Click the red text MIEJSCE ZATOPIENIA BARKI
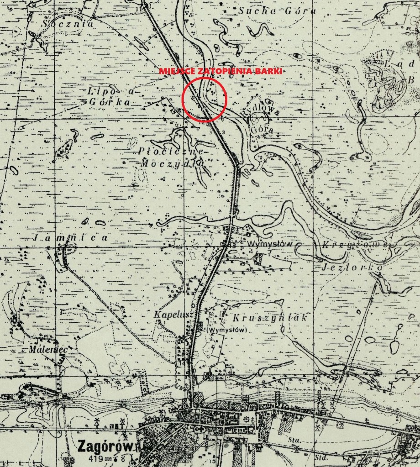pos(220,71)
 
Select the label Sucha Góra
pos(263,12)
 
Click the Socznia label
pos(68,23)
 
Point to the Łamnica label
pos(71,238)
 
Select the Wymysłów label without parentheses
pos(270,244)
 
